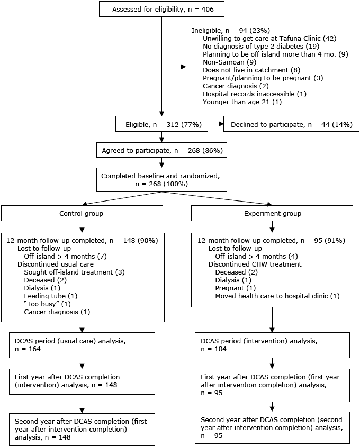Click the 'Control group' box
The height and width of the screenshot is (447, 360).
[82, 214]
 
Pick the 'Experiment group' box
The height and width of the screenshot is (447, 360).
[272, 214]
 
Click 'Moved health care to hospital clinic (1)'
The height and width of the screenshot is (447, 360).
[277, 296]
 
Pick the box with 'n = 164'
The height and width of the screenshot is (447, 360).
[82, 345]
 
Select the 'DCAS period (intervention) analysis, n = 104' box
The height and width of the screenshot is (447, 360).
[272, 345]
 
